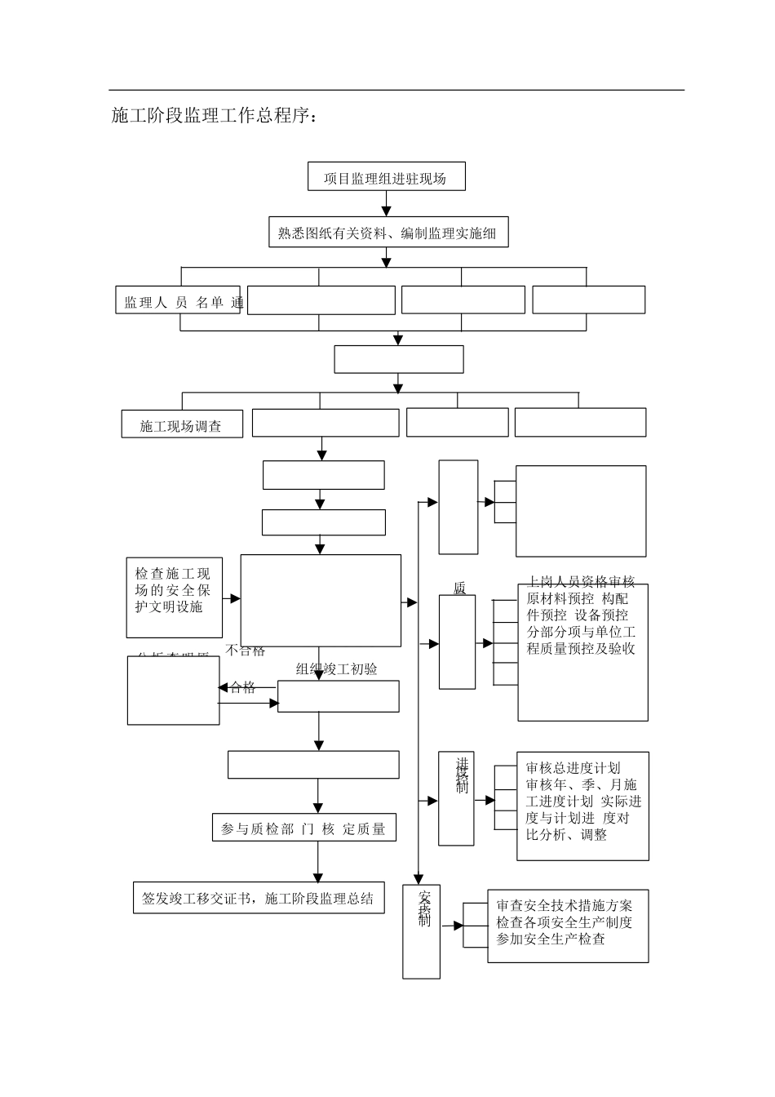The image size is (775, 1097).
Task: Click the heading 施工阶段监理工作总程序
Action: pyautogui.click(x=214, y=116)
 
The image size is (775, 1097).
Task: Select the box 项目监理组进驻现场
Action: pyautogui.click(x=386, y=177)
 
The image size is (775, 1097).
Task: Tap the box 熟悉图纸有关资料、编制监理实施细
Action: pyautogui.click(x=387, y=233)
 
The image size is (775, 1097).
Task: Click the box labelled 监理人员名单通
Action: pyautogui.click(x=178, y=301)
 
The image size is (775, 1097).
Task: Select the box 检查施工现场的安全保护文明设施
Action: pyautogui.click(x=174, y=597)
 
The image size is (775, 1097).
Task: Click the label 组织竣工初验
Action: pyautogui.click(x=337, y=668)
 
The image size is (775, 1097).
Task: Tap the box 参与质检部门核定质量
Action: pyautogui.click(x=303, y=828)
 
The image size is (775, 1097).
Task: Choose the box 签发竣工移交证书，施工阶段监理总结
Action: pyautogui.click(x=258, y=898)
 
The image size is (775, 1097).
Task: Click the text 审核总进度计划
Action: pyautogui.click(x=573, y=768)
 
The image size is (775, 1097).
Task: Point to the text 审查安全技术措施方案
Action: pyautogui.click(x=564, y=905)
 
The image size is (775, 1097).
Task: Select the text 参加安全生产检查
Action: pyautogui.click(x=551, y=939)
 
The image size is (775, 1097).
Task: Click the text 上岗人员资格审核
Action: pyautogui.click(x=581, y=582)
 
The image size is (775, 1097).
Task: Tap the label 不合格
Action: pyautogui.click(x=245, y=651)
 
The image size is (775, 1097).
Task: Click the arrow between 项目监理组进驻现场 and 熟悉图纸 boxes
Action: pyautogui.click(x=387, y=205)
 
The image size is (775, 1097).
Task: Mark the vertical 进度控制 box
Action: pyautogui.click(x=456, y=798)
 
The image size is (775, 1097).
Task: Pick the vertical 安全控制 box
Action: pyautogui.click(x=422, y=930)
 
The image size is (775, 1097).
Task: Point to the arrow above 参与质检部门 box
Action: pyautogui.click(x=317, y=797)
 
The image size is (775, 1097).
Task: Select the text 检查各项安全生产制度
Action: pyautogui.click(x=564, y=922)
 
